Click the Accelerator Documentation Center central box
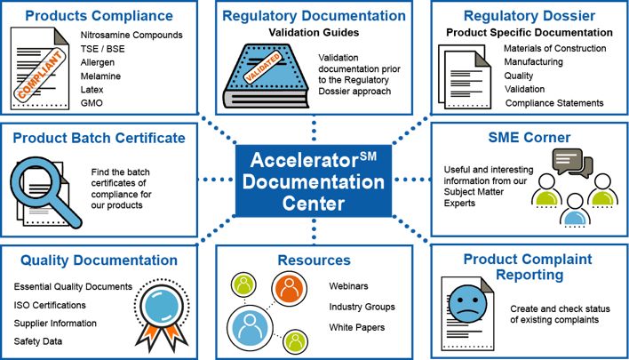click(314, 181)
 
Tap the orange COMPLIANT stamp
click(39, 75)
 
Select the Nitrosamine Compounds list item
click(131, 35)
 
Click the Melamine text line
click(100, 76)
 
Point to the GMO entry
click(92, 103)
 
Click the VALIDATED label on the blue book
click(263, 68)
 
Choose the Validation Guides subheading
click(314, 33)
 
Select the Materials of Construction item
click(554, 48)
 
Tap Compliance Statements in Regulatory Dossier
click(554, 103)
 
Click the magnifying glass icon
click(44, 191)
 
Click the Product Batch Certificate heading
click(100, 138)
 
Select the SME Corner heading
click(529, 137)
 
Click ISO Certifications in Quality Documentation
click(50, 305)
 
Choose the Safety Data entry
click(38, 341)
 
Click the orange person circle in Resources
click(289, 288)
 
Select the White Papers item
click(357, 327)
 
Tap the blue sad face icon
click(467, 304)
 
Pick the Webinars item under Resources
click(348, 286)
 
